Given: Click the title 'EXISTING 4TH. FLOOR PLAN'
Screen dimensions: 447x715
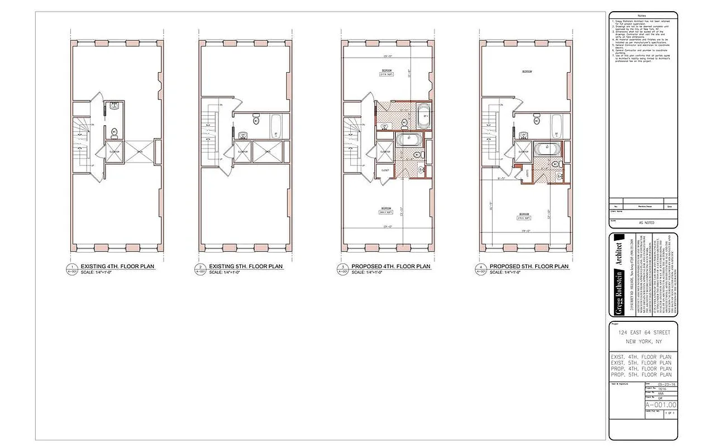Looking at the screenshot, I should pyautogui.click(x=118, y=267).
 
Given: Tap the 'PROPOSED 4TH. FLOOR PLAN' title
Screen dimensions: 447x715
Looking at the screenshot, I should pyautogui.click(x=391, y=267).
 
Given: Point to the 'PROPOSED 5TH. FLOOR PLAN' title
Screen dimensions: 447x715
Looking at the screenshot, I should pyautogui.click(x=529, y=267).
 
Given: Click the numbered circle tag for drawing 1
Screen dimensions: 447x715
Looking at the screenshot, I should pyautogui.click(x=71, y=269).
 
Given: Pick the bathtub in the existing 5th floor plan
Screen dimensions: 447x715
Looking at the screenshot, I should pyautogui.click(x=277, y=126).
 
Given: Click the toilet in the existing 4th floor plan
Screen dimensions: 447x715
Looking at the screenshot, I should pyautogui.click(x=114, y=132).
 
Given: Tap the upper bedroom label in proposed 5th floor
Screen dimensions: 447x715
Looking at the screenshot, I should pyautogui.click(x=526, y=72).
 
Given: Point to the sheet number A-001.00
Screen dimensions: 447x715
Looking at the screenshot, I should pyautogui.click(x=661, y=405).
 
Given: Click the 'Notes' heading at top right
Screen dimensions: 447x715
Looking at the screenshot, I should pyautogui.click(x=642, y=15).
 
